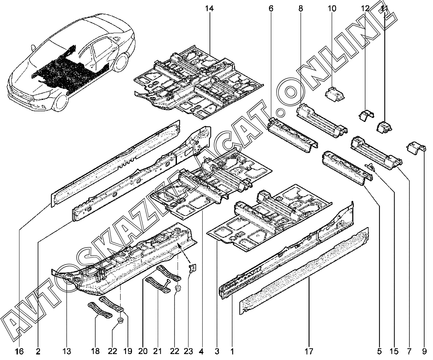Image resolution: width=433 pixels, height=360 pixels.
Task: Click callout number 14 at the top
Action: (209, 8)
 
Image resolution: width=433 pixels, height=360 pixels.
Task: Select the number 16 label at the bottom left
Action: (19, 351)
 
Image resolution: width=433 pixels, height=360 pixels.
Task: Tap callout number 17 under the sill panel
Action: (309, 351)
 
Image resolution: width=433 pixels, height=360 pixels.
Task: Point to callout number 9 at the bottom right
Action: (425, 351)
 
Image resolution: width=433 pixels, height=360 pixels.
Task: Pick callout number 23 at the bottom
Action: (188, 351)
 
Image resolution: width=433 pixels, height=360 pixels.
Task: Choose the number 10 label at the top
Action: (332, 8)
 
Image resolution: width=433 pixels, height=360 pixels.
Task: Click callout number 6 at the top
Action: (271, 8)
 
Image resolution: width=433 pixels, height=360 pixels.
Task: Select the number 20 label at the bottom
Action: (143, 351)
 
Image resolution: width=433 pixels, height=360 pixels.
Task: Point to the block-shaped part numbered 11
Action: (385, 126)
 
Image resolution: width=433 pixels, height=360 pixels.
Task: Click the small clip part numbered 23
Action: (193, 268)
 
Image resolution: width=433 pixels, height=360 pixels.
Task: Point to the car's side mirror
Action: (33, 48)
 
